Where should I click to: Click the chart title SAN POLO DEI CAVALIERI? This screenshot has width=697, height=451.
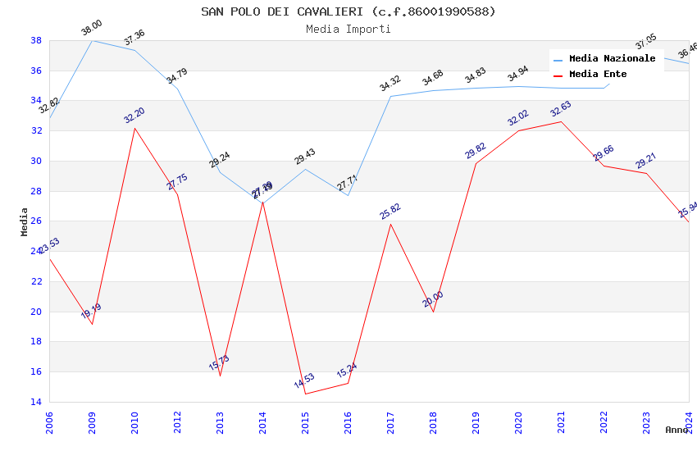click(348, 11)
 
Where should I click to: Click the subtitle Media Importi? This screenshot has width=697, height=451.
click(348, 29)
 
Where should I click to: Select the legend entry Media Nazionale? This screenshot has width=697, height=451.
click(612, 59)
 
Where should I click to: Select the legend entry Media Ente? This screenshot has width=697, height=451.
click(598, 75)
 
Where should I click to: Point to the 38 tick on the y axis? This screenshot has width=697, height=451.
click(36, 40)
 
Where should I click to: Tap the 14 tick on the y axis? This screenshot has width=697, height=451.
click(36, 402)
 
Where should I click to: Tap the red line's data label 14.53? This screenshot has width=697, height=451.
click(304, 381)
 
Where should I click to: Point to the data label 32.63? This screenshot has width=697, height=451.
click(561, 109)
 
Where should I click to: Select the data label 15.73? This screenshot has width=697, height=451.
click(219, 362)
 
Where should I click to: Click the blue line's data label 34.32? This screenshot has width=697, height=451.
click(390, 84)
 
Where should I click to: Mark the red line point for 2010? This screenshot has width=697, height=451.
click(134, 128)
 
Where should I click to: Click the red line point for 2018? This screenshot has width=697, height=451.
click(433, 312)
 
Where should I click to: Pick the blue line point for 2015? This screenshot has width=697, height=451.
click(305, 169)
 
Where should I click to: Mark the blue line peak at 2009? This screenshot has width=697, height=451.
click(92, 40)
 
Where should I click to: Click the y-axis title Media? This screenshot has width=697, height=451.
click(24, 221)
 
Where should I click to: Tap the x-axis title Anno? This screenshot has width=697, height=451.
click(676, 430)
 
